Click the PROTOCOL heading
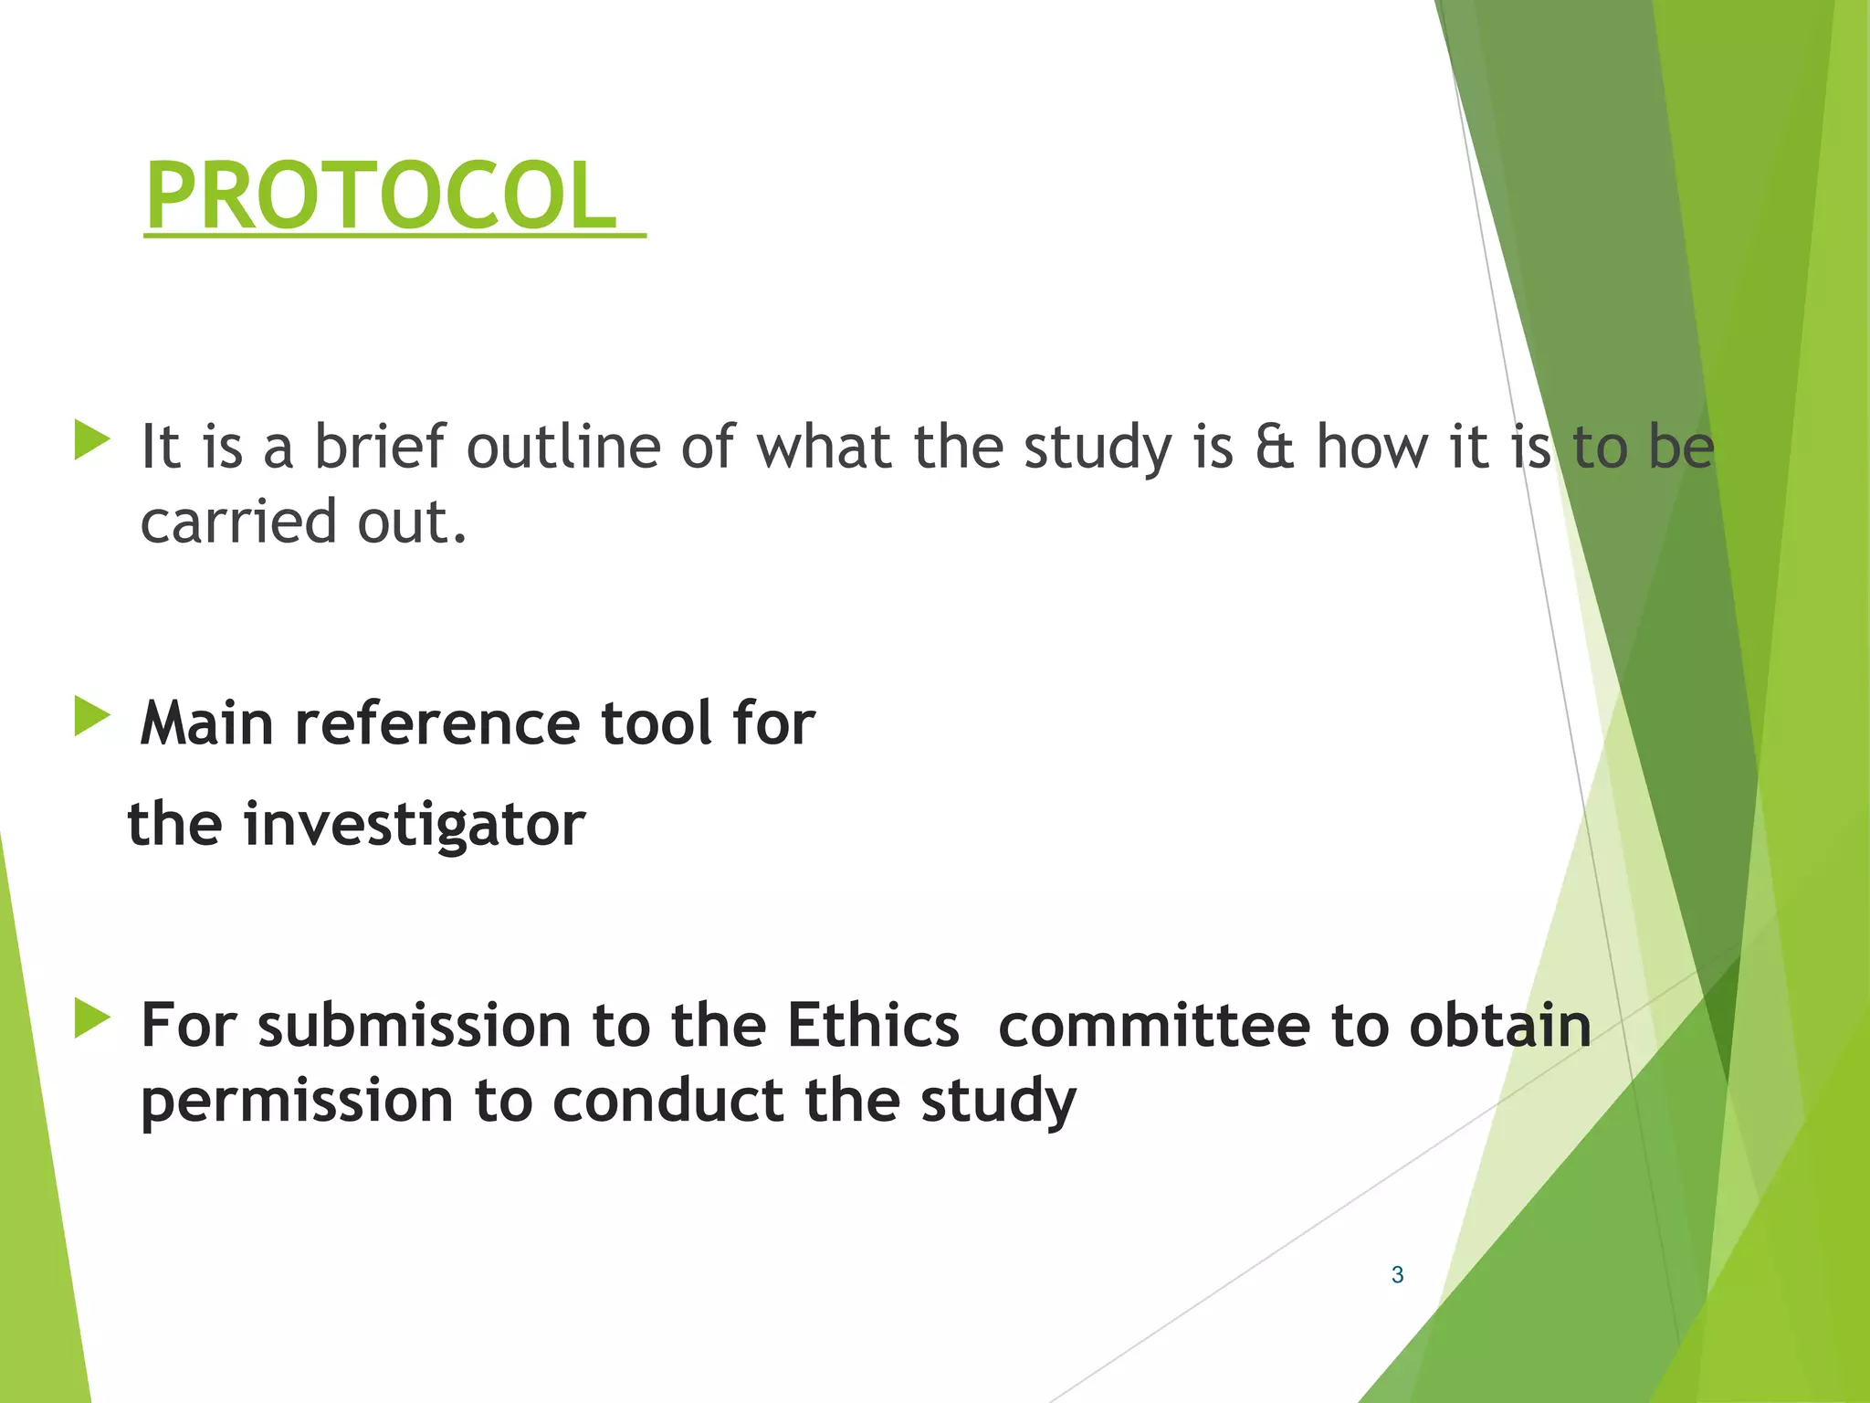coord(382,195)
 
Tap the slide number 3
coord(1397,1275)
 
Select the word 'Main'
coord(207,723)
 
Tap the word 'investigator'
coord(415,825)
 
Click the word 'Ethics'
coord(873,1025)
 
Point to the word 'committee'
coord(1154,1025)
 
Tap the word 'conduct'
coord(667,1100)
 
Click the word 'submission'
coord(414,1025)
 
